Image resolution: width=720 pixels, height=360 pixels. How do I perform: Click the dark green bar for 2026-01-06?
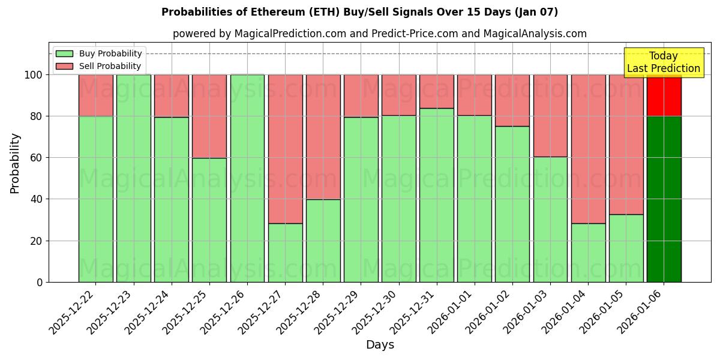[x=664, y=199]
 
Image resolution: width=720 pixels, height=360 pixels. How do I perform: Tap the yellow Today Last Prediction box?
[x=663, y=62]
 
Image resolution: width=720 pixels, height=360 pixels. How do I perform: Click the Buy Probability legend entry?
[x=99, y=53]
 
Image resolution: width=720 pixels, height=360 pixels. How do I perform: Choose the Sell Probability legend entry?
[x=99, y=66]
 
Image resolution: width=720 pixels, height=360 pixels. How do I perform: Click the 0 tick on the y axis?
[x=40, y=282]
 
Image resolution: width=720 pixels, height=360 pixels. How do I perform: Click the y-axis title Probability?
[x=15, y=163]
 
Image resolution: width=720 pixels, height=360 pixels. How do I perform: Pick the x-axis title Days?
[x=380, y=345]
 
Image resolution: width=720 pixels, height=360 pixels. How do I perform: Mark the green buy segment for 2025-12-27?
[x=285, y=253]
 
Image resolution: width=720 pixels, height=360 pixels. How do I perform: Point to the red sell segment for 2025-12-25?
[x=209, y=116]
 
